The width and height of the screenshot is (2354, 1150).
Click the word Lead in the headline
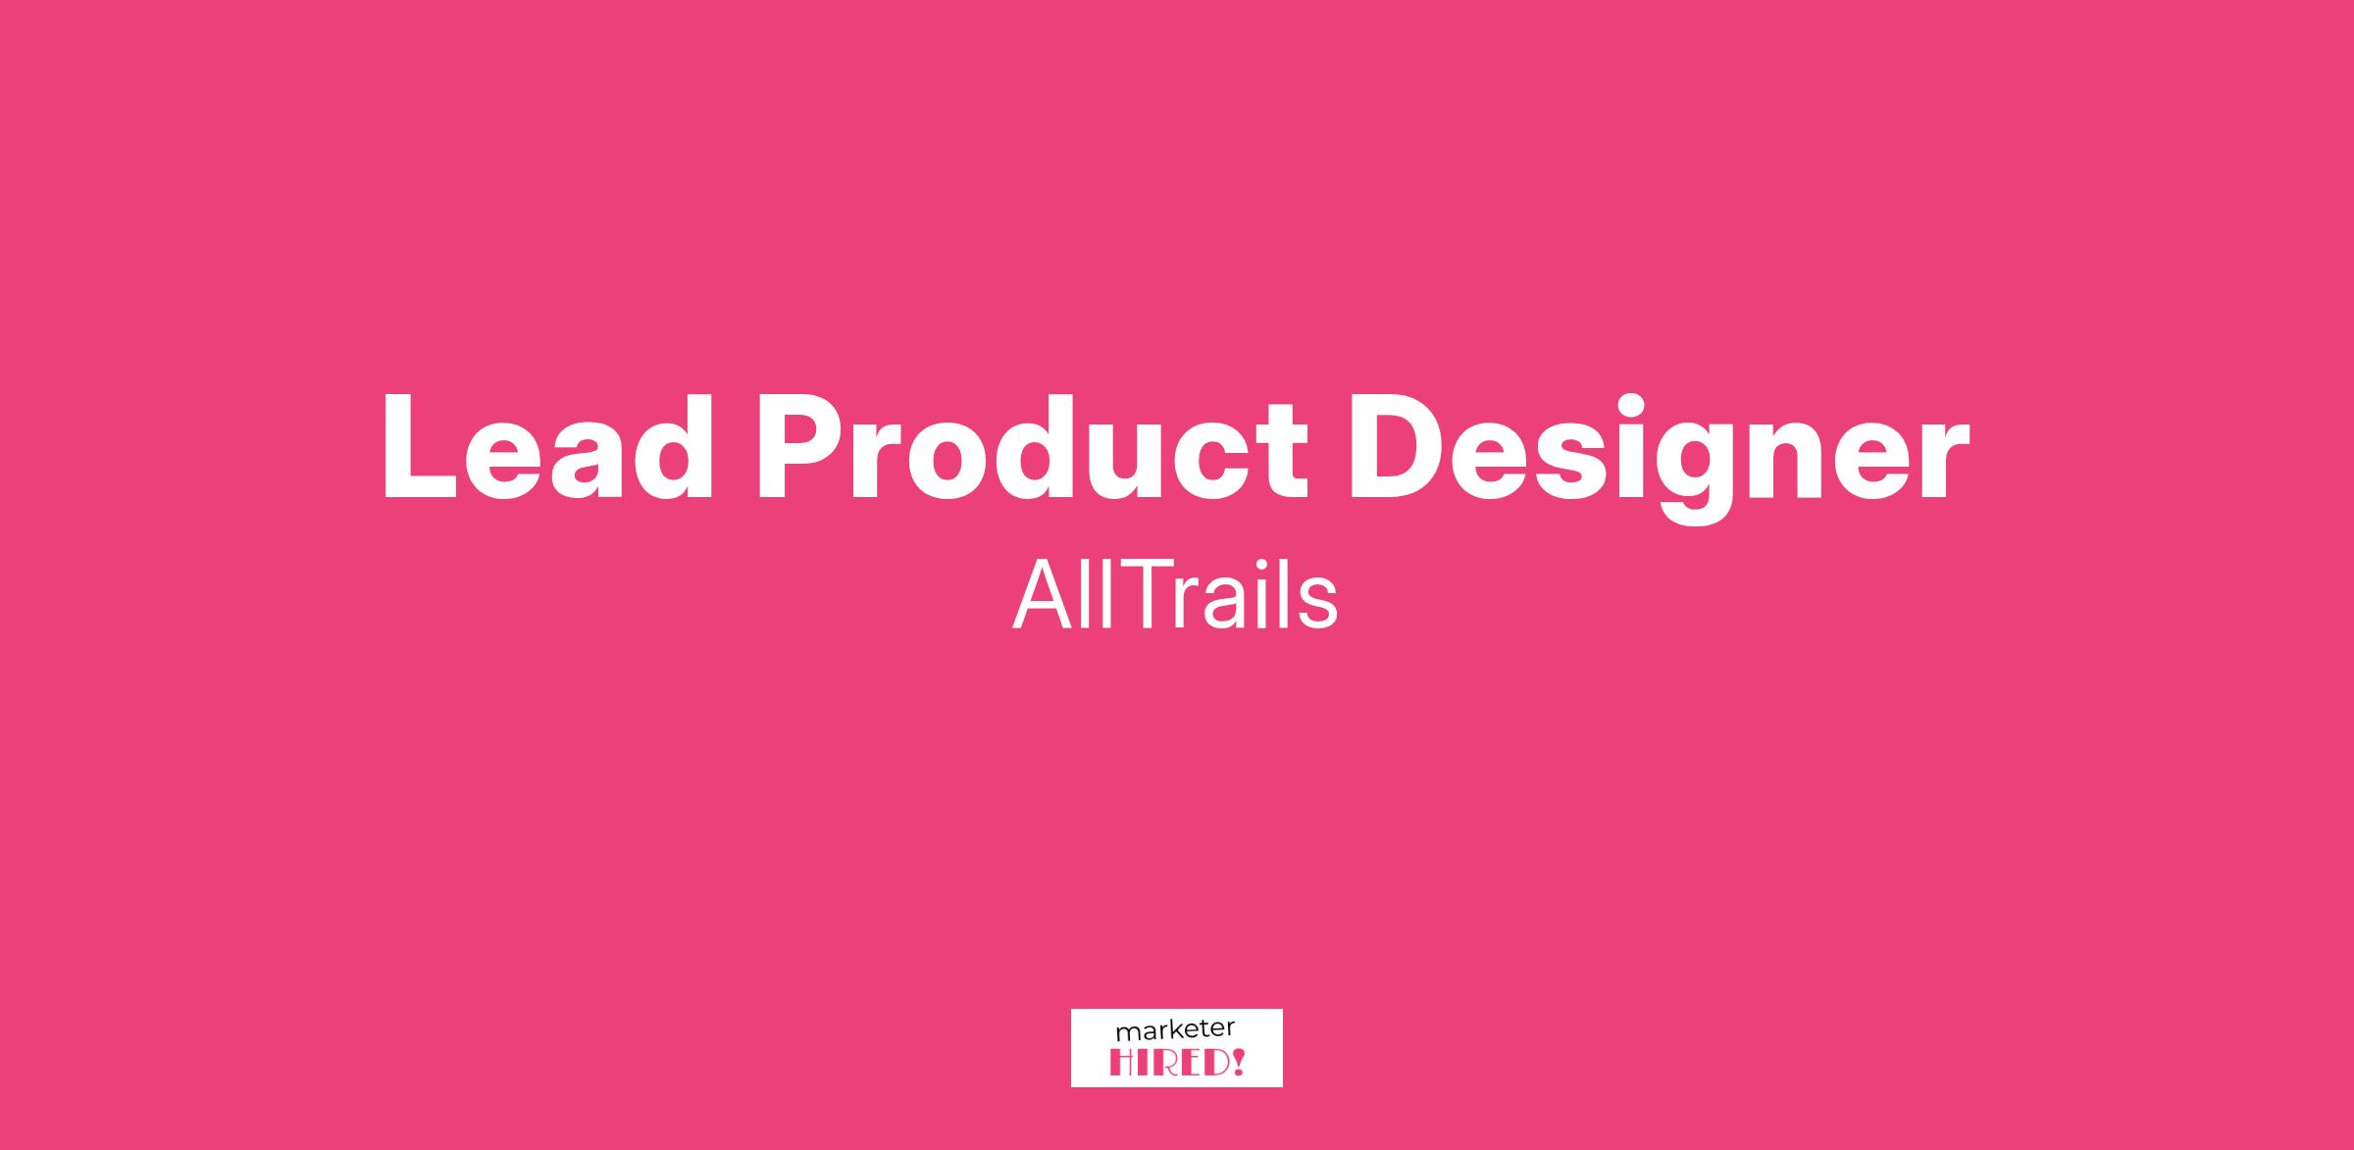[547, 448]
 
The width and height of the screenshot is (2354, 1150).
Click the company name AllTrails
[1175, 595]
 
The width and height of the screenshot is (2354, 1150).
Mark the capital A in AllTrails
[1045, 595]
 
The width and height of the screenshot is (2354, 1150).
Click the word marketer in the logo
[1175, 1031]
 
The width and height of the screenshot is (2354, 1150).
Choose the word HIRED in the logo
[1169, 1063]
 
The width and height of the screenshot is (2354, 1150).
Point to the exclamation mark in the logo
[1238, 1063]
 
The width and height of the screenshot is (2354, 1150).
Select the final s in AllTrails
[1319, 605]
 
